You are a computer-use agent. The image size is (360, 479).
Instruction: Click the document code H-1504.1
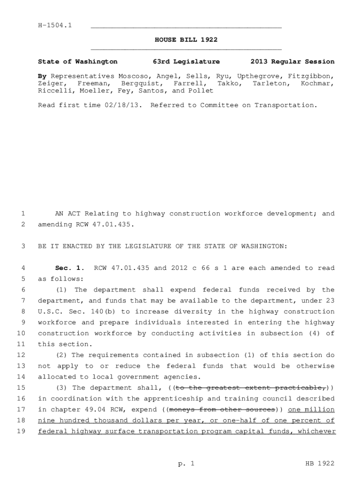click(x=55, y=25)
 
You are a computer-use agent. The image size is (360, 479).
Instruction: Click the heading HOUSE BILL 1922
click(x=186, y=40)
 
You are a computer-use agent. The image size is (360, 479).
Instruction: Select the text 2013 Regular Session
click(x=292, y=62)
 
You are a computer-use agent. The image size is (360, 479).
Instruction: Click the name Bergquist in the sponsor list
click(x=137, y=83)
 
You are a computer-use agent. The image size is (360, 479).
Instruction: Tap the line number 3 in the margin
click(x=22, y=246)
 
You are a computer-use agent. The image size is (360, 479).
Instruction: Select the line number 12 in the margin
click(x=21, y=355)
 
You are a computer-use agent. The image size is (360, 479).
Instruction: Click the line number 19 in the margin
click(x=21, y=431)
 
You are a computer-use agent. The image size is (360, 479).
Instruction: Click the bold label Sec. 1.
click(x=69, y=268)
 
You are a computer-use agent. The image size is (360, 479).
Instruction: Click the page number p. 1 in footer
click(x=186, y=464)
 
